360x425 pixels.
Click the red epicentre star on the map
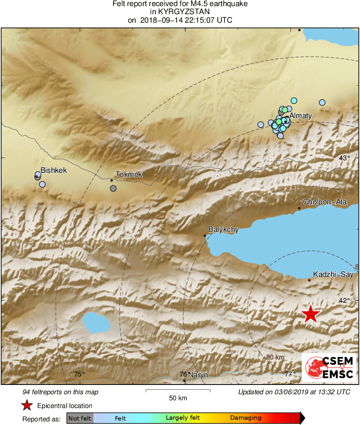point(310,314)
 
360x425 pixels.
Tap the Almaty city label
point(301,116)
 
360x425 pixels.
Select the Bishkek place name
point(53,170)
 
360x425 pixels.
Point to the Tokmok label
point(129,174)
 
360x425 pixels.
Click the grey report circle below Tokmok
point(113,188)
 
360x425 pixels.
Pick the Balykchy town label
point(223,229)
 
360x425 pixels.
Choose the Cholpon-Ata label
point(325,202)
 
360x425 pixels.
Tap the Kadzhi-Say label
point(333,274)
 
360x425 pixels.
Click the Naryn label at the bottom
point(198,375)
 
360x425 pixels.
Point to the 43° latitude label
point(344,158)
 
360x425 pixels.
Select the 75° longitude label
point(80,374)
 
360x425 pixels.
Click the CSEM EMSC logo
point(329,368)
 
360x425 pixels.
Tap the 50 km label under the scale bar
point(178,398)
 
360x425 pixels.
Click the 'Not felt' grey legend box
point(80,418)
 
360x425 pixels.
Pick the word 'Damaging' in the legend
point(246,418)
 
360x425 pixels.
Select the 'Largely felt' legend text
point(182,418)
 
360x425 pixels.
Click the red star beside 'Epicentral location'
point(27,405)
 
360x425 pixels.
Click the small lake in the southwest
point(97,322)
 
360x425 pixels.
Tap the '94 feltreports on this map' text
point(61,392)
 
